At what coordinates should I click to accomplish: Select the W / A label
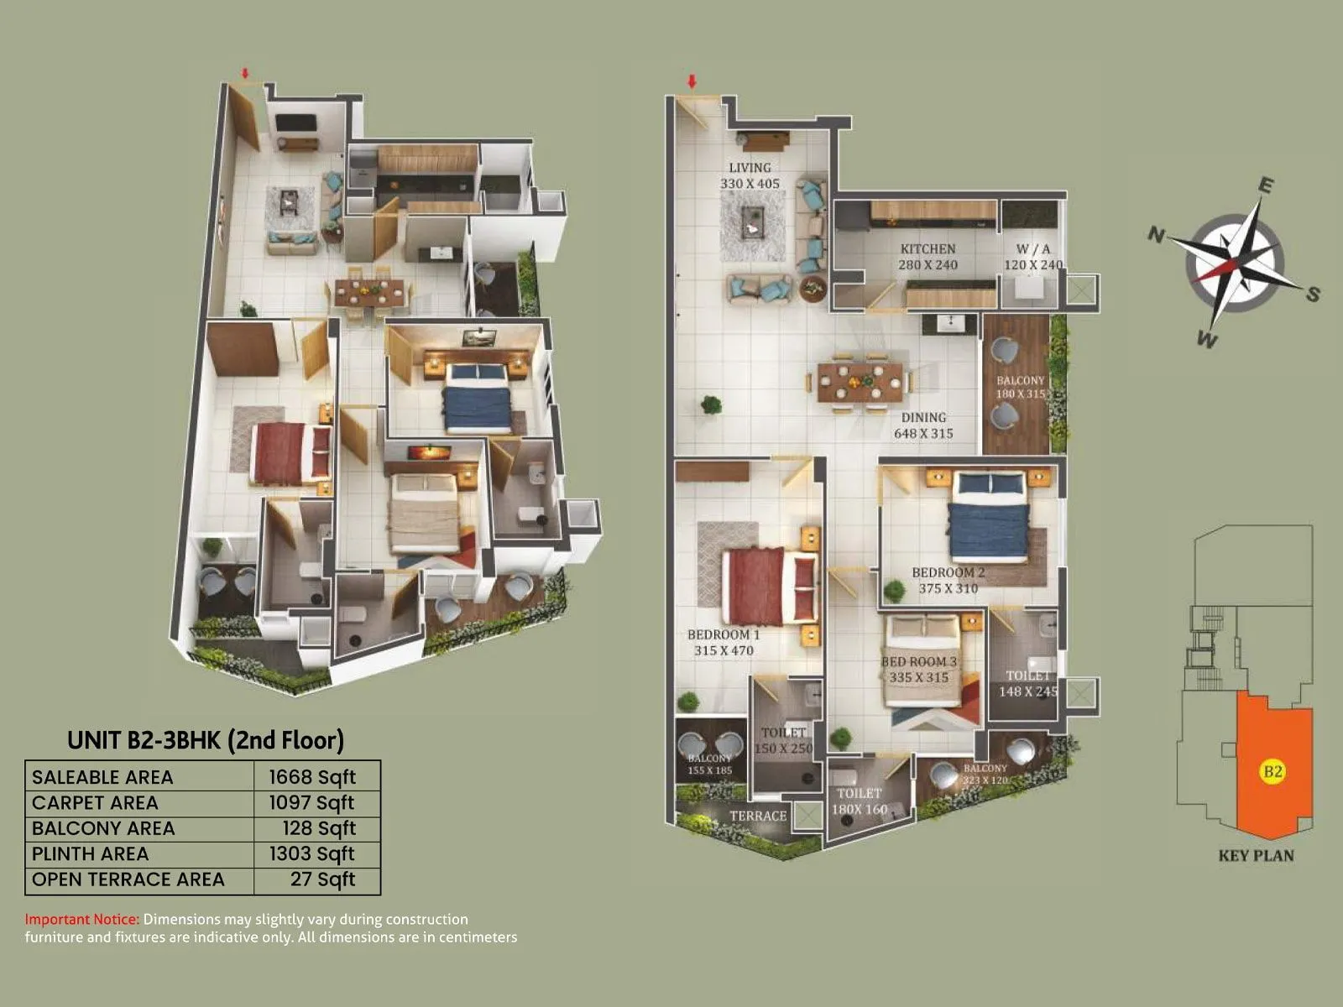point(1033,249)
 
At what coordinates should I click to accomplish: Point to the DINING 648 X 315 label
point(923,425)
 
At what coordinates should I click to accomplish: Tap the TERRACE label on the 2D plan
point(758,816)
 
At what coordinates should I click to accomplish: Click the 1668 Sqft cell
point(312,777)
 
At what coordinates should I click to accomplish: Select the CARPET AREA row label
point(95,803)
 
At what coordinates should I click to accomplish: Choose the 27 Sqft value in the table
point(323,879)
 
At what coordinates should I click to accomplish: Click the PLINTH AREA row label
point(90,854)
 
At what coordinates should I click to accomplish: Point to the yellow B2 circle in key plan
point(1272,770)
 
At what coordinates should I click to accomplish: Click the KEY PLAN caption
point(1256,856)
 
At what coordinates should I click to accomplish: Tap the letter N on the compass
point(1156,235)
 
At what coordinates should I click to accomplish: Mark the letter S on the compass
point(1313,294)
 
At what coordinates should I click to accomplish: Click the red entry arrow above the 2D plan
point(692,81)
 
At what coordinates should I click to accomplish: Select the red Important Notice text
point(81,920)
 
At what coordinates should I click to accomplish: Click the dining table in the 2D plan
point(860,381)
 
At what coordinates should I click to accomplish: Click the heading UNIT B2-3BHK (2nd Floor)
point(206,740)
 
